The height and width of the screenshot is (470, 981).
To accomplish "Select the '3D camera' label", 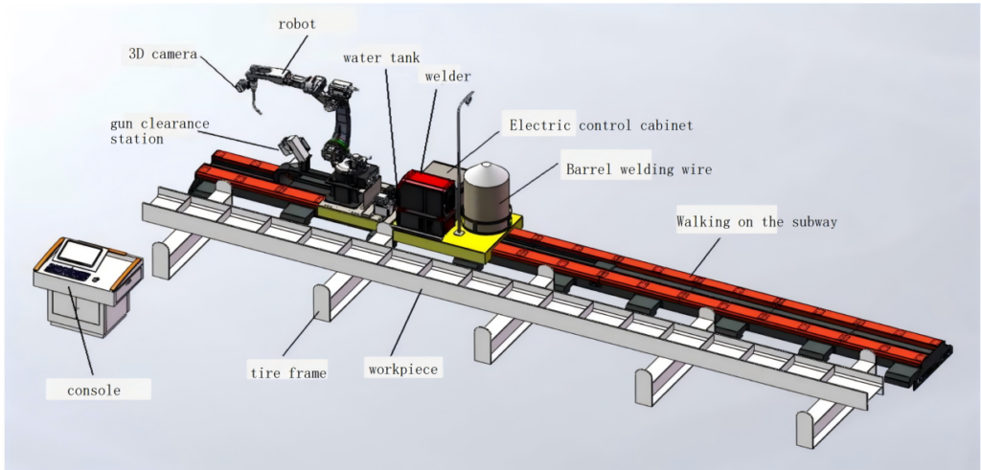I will pos(163,54).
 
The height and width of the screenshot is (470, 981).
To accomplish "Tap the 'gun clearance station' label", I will pos(158,130).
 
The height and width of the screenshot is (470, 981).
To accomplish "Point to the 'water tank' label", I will pos(381,56).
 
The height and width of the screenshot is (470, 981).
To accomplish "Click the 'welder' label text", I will pos(447,77).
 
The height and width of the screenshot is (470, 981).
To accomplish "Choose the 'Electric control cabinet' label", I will pos(600,124).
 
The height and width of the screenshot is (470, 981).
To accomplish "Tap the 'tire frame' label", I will pos(287,373).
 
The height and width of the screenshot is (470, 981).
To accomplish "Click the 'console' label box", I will pos(97,390).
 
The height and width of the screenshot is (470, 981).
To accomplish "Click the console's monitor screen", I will pos(82,252).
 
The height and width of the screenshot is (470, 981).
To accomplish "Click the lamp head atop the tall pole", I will pos(468,97).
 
